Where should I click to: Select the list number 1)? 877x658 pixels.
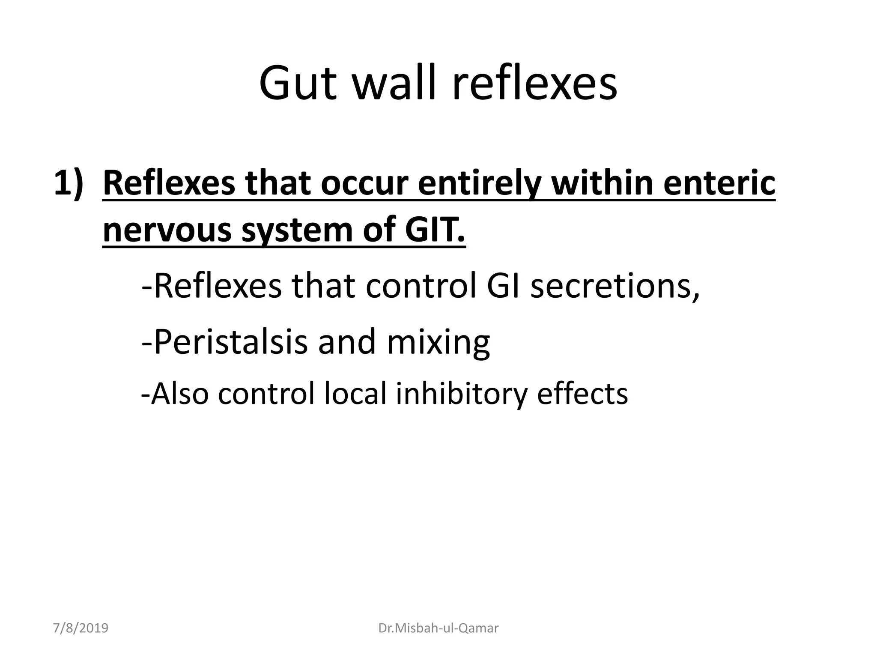(69, 183)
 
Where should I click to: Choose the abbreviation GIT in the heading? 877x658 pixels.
(435, 230)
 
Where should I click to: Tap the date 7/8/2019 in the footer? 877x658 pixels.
(81, 628)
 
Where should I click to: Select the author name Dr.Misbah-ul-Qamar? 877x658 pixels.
(438, 628)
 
